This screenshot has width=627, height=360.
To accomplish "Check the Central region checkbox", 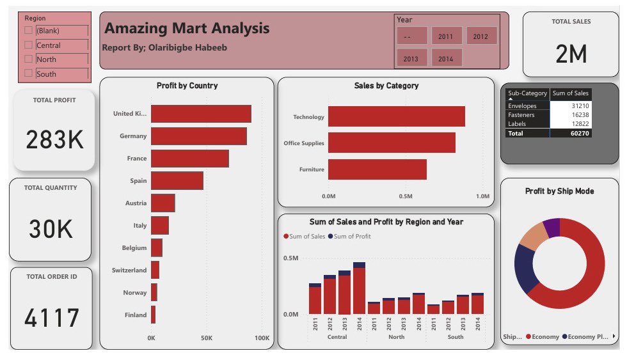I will click(28, 45).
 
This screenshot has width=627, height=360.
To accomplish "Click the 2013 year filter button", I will click(411, 59).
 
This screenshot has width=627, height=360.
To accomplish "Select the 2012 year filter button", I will click(480, 36).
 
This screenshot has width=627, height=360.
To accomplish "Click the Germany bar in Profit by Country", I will click(198, 136).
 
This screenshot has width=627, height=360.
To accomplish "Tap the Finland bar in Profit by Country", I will click(154, 315).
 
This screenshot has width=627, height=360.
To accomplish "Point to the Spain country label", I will click(138, 181).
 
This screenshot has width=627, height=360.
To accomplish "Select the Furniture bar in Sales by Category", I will click(377, 169).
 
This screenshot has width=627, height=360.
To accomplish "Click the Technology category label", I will click(308, 117).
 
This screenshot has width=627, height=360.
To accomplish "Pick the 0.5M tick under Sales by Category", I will click(406, 196).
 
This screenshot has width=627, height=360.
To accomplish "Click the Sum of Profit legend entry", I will click(349, 237).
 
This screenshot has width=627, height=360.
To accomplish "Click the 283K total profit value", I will click(54, 139).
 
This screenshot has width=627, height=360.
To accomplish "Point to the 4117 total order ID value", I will click(51, 318).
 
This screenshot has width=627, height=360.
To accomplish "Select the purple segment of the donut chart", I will click(552, 226).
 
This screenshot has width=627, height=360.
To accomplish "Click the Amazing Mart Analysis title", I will click(187, 29).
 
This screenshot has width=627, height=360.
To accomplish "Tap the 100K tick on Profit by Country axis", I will click(262, 338).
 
